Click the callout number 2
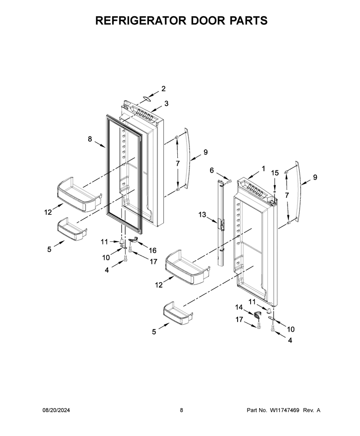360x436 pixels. point(163,89)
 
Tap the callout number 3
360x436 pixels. point(166,104)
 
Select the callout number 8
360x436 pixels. point(90,139)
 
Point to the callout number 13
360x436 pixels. point(202,215)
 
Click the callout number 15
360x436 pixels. point(275,173)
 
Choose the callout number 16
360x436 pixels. point(153,250)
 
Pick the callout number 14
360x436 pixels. point(239,307)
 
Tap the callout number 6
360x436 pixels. point(211,170)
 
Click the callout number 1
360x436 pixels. point(263,169)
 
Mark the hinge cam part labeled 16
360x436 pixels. point(133,240)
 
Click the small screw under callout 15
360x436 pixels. point(275,191)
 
